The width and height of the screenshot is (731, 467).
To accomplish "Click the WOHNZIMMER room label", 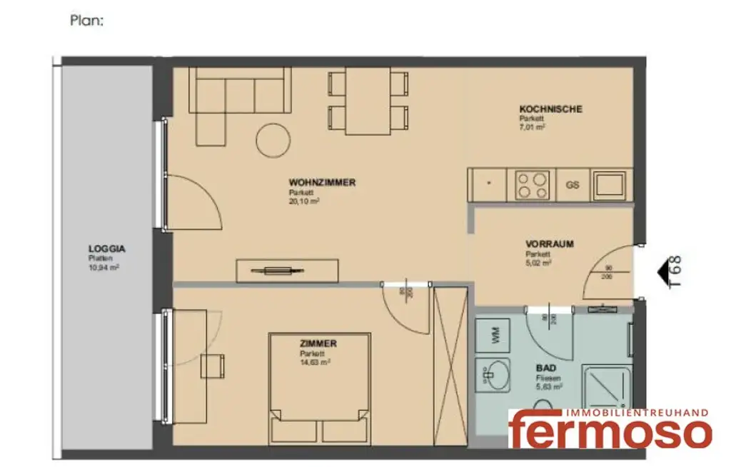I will point(322,183).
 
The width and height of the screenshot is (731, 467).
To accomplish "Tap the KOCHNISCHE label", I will point(550,109).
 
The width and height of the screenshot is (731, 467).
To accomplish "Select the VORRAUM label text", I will point(550,244).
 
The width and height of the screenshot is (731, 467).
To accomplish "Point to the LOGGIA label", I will point(107,249).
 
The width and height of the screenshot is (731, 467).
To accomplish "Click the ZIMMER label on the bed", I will point(318,343).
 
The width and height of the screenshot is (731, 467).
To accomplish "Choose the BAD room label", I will point(545,368).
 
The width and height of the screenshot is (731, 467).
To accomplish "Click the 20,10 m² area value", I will point(303,201).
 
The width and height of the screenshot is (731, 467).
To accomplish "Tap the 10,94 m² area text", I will point(104,267).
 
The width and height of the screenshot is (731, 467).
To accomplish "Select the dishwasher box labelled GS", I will point(573,185).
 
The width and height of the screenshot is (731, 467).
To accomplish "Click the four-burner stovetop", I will point(530,185).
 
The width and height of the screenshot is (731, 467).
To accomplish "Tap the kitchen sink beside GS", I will point(612,185).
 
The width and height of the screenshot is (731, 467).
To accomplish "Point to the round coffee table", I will point(273,140).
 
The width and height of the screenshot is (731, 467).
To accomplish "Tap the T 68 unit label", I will point(676,272).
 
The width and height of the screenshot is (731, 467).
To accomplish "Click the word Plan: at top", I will point(87,21).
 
